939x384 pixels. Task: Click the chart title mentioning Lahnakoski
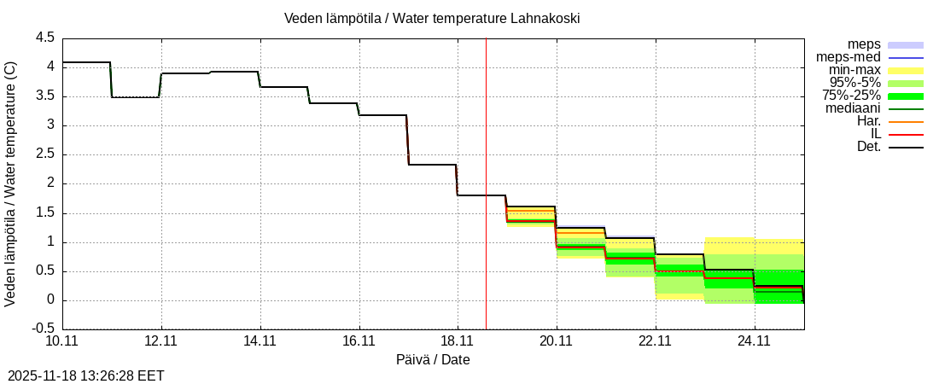click(432, 18)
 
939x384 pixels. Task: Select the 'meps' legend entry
click(864, 44)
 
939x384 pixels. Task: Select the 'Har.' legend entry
click(868, 121)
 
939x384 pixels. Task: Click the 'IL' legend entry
click(875, 134)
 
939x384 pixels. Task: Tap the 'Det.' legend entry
click(868, 147)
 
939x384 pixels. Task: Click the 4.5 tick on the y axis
click(44, 38)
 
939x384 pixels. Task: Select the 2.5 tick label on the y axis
click(44, 154)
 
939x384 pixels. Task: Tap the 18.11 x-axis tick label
click(458, 341)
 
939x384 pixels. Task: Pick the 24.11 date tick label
click(754, 341)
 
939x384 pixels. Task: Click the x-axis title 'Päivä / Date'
click(433, 360)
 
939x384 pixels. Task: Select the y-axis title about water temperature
click(11, 183)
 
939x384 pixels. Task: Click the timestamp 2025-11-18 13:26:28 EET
click(86, 375)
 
